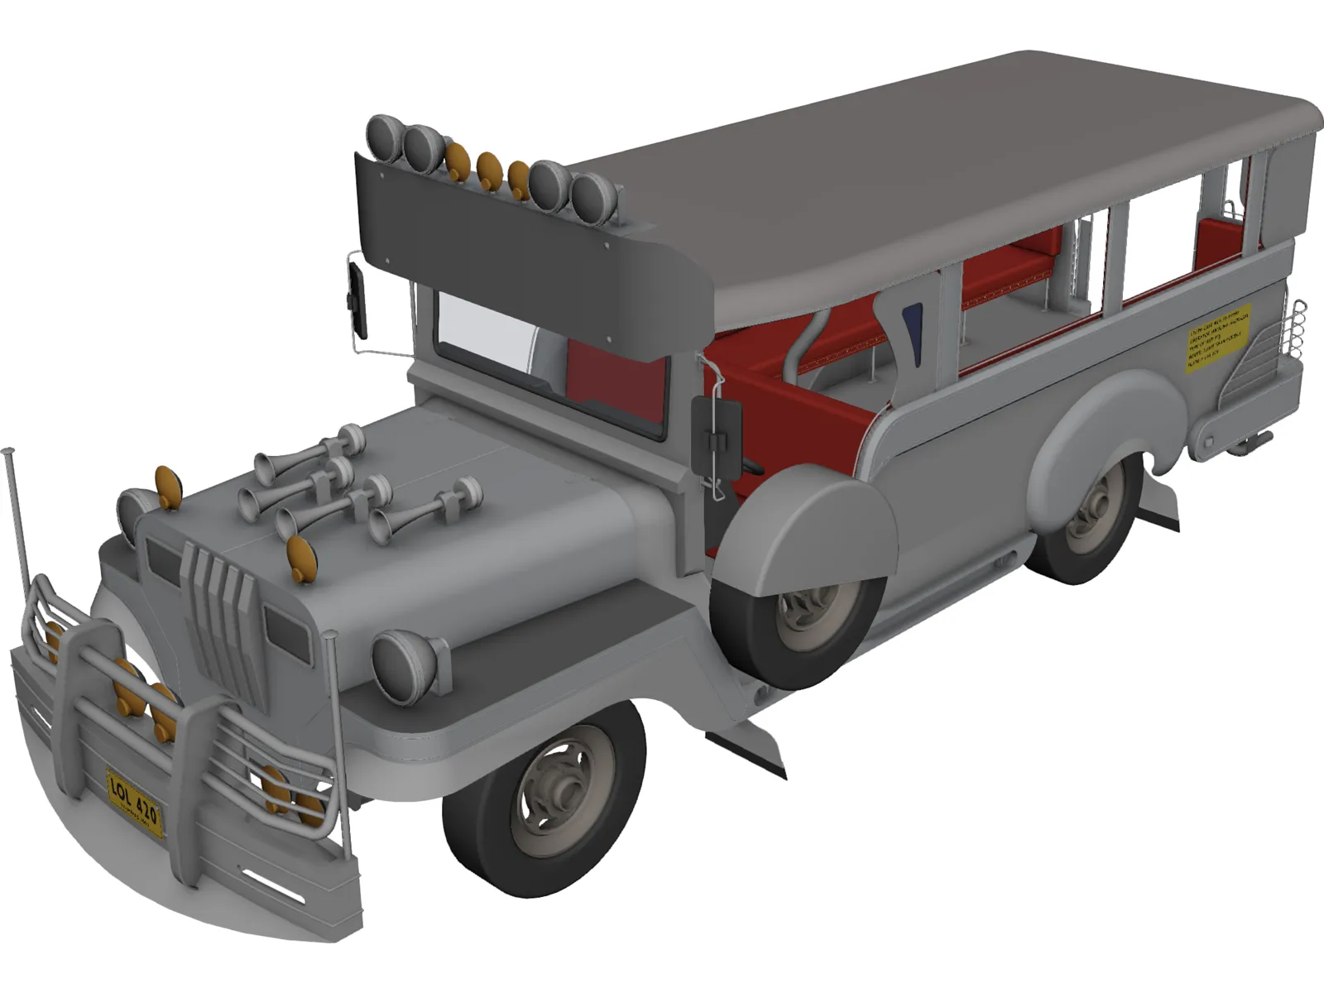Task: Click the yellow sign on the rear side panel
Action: [x=1217, y=338]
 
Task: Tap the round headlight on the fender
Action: [x=405, y=666]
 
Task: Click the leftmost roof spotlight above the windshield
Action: [x=385, y=137]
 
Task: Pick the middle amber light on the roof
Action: [x=489, y=171]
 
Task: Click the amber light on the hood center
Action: [x=302, y=559]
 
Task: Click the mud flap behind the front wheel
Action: [x=749, y=745]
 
